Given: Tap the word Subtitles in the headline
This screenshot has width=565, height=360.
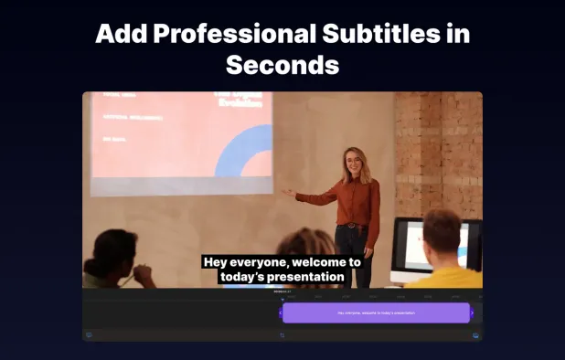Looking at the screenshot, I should (376, 34).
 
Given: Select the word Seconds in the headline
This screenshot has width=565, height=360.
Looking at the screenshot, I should (282, 66).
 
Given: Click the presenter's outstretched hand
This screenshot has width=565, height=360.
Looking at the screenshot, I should (289, 193).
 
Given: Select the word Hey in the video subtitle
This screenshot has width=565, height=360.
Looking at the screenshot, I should (215, 262).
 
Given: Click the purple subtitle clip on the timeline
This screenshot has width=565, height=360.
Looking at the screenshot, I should (376, 313).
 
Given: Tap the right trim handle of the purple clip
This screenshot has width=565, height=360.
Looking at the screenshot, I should (472, 313).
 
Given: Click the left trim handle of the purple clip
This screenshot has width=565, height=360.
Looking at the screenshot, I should (281, 313).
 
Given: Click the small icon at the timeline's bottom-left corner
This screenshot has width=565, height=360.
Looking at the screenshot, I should (89, 335).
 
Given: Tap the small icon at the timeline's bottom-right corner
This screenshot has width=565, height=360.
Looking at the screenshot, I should (476, 335).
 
